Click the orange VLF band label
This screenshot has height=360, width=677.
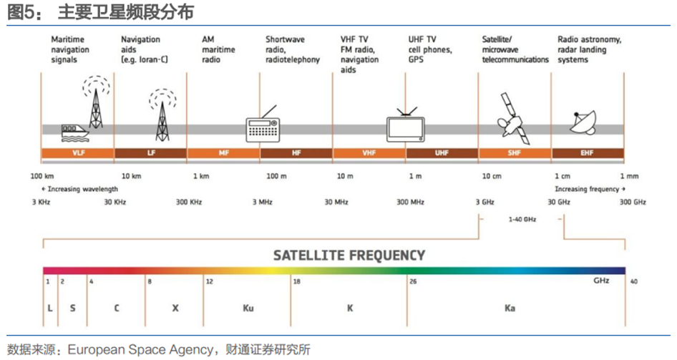(78, 153)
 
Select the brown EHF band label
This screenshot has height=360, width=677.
(588, 153)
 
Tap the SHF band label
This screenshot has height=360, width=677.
(515, 153)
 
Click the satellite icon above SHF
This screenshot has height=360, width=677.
(513, 119)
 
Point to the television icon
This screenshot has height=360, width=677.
(406, 125)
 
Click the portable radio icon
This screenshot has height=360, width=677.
(263, 125)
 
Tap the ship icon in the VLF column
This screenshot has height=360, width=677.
(75, 133)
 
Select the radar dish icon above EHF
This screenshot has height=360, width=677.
(583, 122)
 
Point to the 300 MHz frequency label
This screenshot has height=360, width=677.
(410, 202)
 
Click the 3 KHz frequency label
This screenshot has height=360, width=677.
(41, 202)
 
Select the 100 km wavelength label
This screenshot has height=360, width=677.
(42, 176)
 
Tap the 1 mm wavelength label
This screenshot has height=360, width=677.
(629, 176)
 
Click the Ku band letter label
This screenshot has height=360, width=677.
(248, 308)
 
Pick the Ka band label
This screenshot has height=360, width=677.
(510, 308)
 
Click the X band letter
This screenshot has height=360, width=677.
(175, 308)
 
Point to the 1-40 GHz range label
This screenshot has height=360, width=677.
(522, 219)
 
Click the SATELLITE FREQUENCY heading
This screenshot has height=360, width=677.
(349, 256)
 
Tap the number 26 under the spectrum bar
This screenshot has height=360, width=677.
(413, 281)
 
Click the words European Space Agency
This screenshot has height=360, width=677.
(140, 349)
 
